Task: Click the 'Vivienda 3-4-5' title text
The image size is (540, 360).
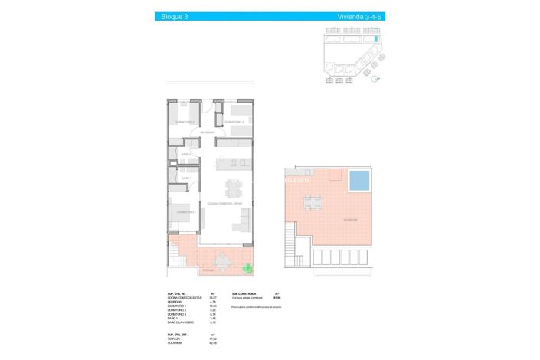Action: coord(357,16)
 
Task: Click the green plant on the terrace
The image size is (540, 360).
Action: coord(247,267)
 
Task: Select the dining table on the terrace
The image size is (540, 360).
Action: coord(223,262)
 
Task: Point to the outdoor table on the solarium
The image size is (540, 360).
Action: coord(313,203)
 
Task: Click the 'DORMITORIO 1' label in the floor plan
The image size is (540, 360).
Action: coord(186,211)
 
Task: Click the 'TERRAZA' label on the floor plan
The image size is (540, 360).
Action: coord(208,271)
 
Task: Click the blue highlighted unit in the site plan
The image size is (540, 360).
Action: coord(376,38)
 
